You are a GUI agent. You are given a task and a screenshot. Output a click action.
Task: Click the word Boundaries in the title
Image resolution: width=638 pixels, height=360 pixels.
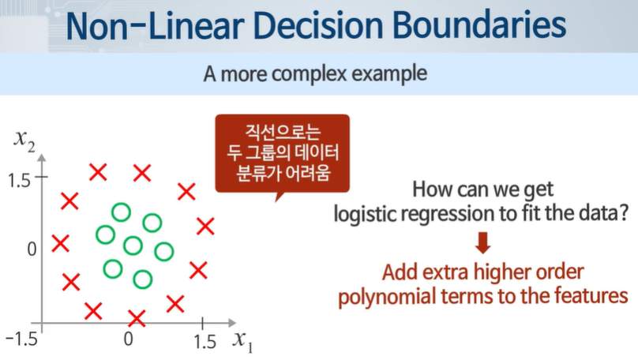[479, 25]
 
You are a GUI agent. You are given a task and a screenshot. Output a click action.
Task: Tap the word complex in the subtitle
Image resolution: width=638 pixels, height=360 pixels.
[310, 73]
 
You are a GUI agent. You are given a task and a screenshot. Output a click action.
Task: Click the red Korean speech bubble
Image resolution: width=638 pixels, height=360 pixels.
[283, 154]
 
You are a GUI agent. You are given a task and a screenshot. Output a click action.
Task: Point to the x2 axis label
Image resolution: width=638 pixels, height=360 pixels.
[24, 141]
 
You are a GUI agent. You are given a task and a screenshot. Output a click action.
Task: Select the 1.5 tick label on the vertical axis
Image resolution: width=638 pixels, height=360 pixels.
[19, 180]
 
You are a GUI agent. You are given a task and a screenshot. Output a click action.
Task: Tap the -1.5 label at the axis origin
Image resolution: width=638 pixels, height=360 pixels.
[21, 339]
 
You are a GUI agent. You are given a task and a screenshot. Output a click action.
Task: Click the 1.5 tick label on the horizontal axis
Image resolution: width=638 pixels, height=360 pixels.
[205, 342]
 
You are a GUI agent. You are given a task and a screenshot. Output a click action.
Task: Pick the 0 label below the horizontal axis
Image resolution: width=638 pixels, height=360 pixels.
[129, 339]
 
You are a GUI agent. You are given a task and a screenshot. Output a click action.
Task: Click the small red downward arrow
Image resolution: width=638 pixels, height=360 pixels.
[483, 243]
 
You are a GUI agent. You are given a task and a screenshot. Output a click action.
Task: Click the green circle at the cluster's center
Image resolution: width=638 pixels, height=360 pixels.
[133, 246]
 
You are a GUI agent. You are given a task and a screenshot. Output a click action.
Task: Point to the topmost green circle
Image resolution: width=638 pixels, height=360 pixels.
[122, 212]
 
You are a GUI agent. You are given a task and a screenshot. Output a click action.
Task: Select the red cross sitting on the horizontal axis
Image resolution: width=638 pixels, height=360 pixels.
[137, 318]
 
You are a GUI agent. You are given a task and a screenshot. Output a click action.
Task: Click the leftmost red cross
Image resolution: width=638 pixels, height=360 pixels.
[61, 243]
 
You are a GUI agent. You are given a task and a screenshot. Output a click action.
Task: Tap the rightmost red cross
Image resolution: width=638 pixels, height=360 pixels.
[205, 226]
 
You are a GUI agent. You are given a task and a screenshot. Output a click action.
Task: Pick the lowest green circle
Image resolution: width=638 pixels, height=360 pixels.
[142, 279]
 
